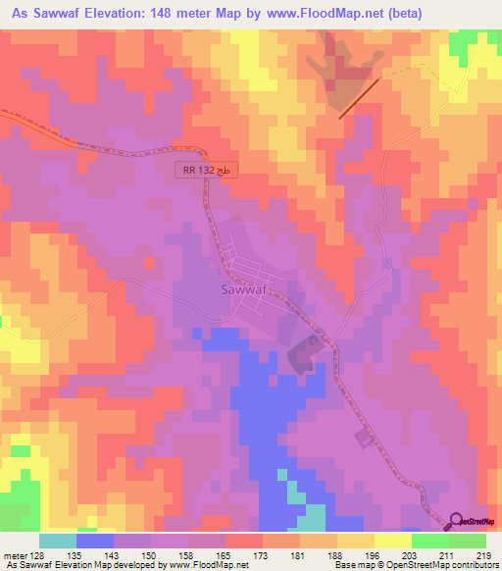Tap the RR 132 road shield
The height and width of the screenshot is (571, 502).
click(x=208, y=170)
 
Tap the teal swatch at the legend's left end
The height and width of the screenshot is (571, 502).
click(x=58, y=540)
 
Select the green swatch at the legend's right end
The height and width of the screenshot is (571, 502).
click(x=468, y=540)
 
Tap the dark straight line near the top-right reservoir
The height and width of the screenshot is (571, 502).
click(x=360, y=98)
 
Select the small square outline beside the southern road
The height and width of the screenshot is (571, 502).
click(x=364, y=438)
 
